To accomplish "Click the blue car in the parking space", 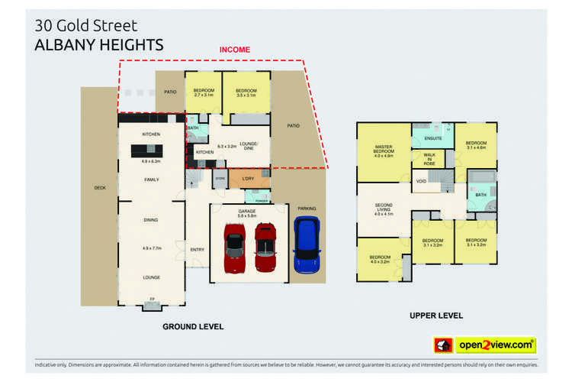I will click(307, 244).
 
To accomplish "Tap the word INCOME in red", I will click(235, 50).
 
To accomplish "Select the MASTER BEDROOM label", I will click(384, 149).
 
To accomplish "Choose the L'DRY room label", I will click(247, 180).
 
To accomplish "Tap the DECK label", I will click(100, 187).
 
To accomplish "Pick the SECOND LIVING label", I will click(384, 207).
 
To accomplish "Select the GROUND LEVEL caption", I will click(193, 326).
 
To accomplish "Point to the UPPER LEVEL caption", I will click(435, 316).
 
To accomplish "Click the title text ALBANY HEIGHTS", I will click(99, 45).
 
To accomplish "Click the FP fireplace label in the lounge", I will click(152, 299).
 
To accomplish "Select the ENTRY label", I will click(197, 249).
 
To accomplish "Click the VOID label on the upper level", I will click(420, 181).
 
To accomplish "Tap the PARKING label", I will click(307, 208).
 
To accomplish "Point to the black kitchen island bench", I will click(149, 151).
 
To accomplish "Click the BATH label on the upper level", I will click(480, 195).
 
